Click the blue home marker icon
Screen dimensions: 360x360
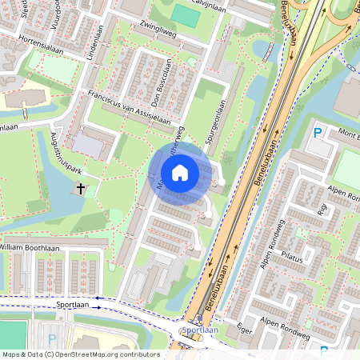click(x=180, y=172)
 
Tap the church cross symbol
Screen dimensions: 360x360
click(x=80, y=189)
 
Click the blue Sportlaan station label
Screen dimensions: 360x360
click(x=199, y=329)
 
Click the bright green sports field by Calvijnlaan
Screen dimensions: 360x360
click(x=186, y=15)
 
